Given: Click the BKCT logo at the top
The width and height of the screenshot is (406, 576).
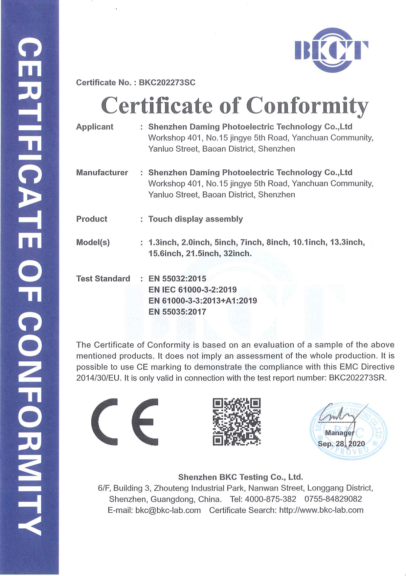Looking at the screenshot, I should click(331, 50).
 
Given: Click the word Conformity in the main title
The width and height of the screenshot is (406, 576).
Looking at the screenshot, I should click(307, 106).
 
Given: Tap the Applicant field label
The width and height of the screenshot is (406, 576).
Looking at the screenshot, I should click(95, 127).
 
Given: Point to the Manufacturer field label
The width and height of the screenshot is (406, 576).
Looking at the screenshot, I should click(102, 173).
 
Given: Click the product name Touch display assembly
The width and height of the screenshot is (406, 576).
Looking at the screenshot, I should click(195, 219).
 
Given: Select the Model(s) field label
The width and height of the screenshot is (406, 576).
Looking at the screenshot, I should click(93, 243).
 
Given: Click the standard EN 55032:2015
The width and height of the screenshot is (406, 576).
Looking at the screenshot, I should click(177, 279).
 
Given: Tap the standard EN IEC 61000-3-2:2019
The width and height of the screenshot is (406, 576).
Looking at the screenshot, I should click(192, 290).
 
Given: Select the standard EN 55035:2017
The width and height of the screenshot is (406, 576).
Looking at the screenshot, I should click(177, 312).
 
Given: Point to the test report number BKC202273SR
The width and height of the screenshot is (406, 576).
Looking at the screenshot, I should click(357, 378).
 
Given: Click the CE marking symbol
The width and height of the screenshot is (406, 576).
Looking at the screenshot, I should click(125, 422).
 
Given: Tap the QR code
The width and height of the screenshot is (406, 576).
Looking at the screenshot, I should click(237, 422).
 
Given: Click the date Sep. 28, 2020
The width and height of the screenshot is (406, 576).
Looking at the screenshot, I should click(341, 444).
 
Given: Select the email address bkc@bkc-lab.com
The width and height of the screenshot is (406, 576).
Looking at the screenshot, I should click(168, 510).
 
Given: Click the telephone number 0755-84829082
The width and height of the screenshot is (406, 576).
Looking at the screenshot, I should click(333, 499).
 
